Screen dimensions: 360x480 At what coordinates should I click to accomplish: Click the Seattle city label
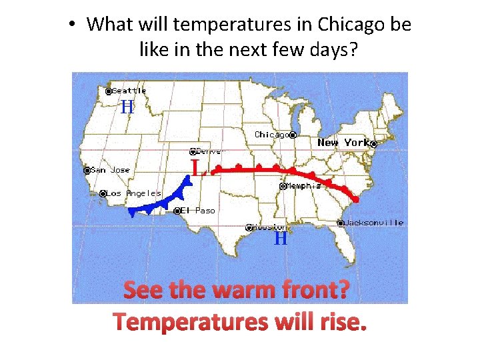(x=129, y=91)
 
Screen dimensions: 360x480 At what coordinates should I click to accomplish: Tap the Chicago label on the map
(x=272, y=135)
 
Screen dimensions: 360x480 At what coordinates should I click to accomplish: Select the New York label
(x=343, y=143)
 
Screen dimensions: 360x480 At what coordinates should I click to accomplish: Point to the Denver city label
(x=212, y=151)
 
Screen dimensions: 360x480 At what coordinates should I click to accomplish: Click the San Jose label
(x=111, y=170)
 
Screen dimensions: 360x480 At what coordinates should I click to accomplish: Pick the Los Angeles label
(x=134, y=193)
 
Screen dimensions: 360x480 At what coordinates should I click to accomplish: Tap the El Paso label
(x=198, y=211)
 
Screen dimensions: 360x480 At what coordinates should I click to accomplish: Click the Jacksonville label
(x=374, y=223)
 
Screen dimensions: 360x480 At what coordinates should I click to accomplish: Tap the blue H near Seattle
(x=127, y=107)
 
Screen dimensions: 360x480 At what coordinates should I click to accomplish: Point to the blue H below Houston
(x=281, y=238)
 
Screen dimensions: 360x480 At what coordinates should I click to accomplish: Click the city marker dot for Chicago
(x=293, y=135)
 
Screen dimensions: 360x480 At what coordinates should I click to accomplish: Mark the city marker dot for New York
(x=374, y=143)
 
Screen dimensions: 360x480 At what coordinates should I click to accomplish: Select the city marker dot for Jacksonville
(x=341, y=223)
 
